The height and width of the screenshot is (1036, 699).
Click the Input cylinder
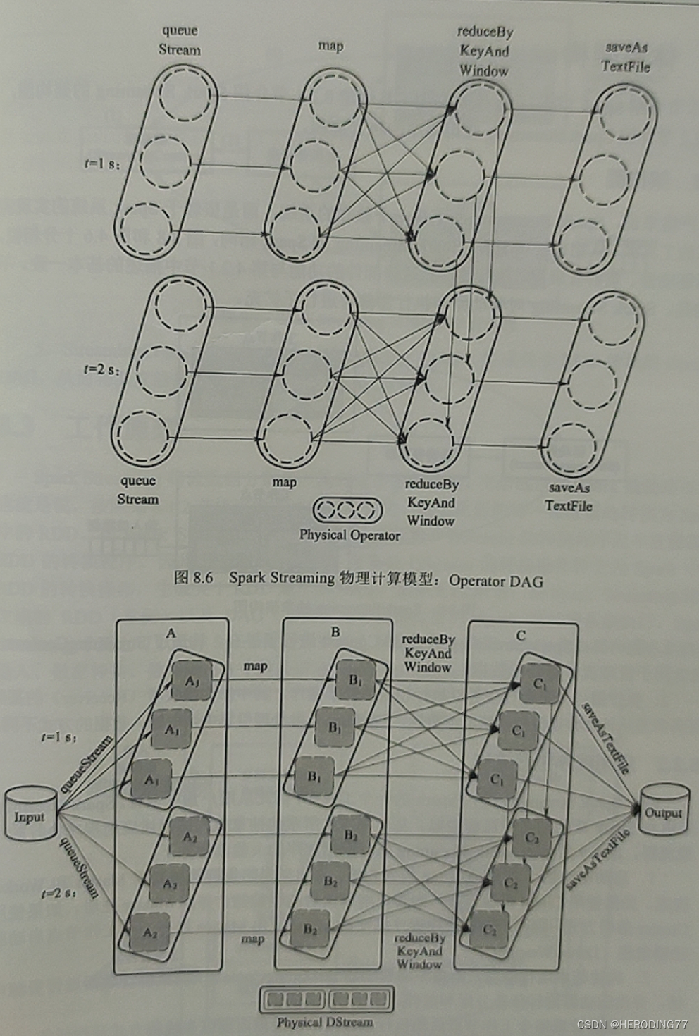30,815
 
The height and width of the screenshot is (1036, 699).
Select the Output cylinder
663,810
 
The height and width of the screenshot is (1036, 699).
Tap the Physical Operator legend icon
347,510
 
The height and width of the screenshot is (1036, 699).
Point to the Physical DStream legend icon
326,999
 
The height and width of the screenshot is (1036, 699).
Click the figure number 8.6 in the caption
202,578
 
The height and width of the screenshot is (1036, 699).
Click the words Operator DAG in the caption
496,581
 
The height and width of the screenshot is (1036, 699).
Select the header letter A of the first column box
171,634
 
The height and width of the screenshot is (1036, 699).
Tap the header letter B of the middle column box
335,632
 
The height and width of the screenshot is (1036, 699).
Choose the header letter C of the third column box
520,636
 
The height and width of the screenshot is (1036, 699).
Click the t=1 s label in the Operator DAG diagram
101,164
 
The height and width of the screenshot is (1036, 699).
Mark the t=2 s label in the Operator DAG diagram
101,369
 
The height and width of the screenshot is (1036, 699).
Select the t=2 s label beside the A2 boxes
58,893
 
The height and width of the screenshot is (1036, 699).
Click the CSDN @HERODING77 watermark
632,1024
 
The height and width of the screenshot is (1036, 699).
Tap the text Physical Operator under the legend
349,535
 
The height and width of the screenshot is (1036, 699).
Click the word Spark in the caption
247,578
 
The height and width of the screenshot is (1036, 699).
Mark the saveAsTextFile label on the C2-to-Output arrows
598,860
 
